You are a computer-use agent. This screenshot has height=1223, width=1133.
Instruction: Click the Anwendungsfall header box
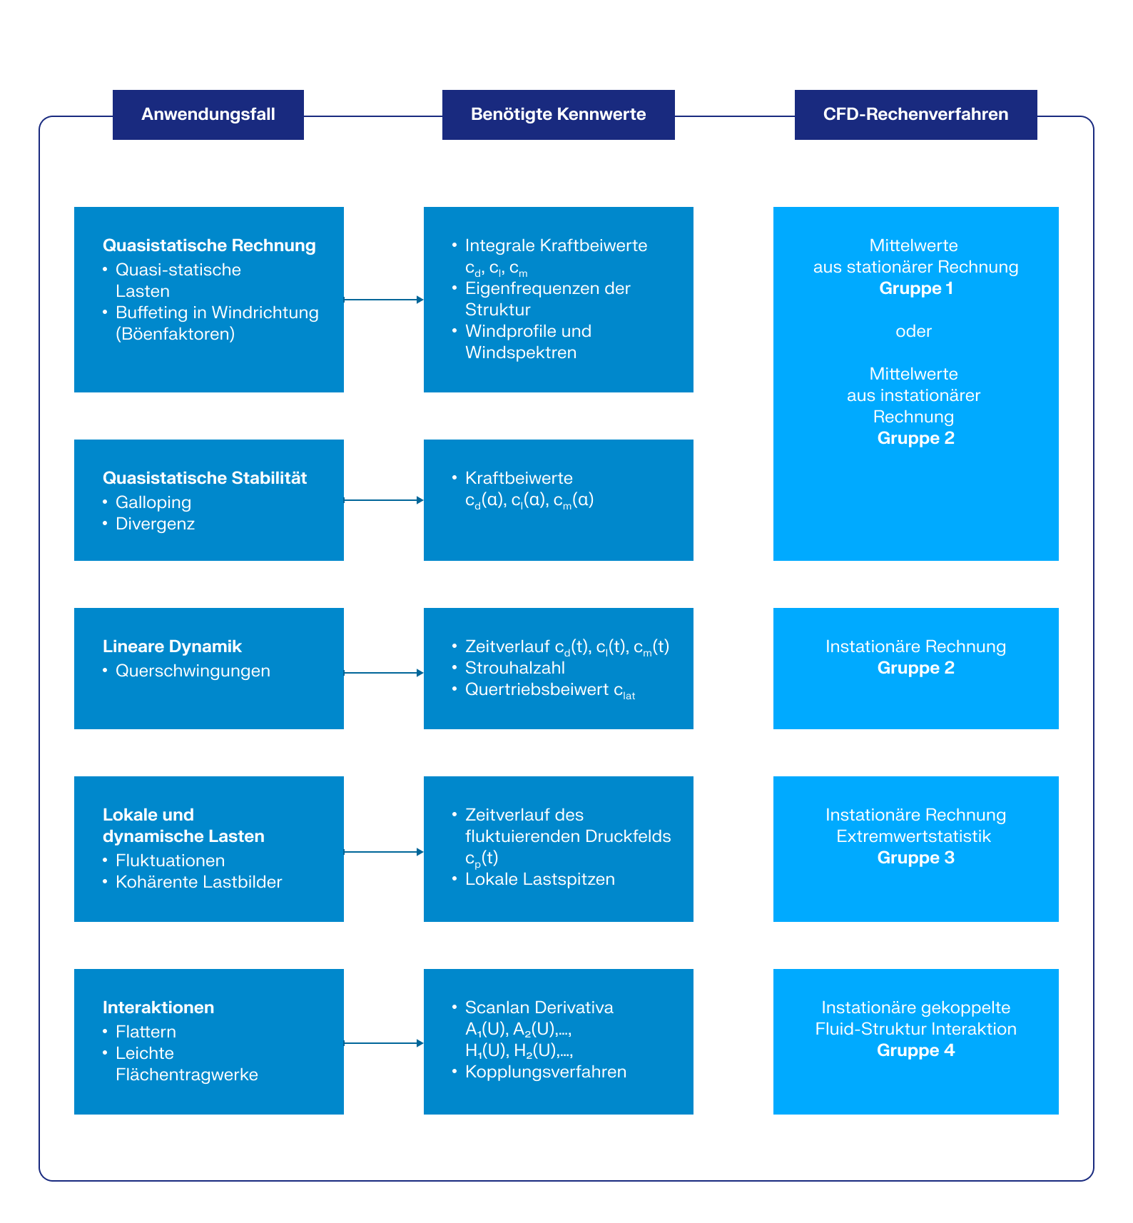[x=208, y=115]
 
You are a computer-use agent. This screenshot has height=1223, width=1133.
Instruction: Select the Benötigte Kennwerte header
[x=558, y=115]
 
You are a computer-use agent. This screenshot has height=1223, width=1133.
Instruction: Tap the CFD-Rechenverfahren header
[x=915, y=115]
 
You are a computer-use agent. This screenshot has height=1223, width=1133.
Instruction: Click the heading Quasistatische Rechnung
[x=209, y=245]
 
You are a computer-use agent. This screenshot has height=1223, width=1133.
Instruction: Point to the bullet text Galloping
[x=153, y=502]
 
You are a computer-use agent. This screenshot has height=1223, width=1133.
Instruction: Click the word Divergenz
[x=155, y=524]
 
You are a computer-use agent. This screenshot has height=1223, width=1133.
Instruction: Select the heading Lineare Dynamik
[x=172, y=646]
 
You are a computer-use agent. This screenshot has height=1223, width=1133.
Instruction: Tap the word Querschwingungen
[x=193, y=671]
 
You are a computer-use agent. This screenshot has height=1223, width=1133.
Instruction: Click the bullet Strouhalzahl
[x=514, y=668]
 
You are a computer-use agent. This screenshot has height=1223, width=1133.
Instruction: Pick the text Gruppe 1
[x=915, y=288]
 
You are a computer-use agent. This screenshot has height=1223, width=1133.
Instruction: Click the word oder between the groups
[x=913, y=331]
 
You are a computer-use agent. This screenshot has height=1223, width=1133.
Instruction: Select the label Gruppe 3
[x=915, y=858]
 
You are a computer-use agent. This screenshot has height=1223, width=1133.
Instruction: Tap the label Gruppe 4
[x=915, y=1050]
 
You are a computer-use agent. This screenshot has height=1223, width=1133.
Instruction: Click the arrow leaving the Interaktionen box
[x=383, y=1043]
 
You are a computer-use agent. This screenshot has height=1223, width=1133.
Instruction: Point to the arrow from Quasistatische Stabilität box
[x=383, y=500]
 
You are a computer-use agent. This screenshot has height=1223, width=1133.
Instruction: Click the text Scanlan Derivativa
[x=539, y=1008]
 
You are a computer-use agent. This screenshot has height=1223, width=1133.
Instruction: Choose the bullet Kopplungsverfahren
[x=545, y=1072]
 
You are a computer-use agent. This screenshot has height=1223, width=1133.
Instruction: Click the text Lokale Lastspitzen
[x=539, y=879]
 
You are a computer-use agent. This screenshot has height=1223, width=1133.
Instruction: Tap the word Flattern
[x=146, y=1032]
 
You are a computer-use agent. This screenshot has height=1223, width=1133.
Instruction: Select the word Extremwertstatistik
[x=913, y=836]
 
